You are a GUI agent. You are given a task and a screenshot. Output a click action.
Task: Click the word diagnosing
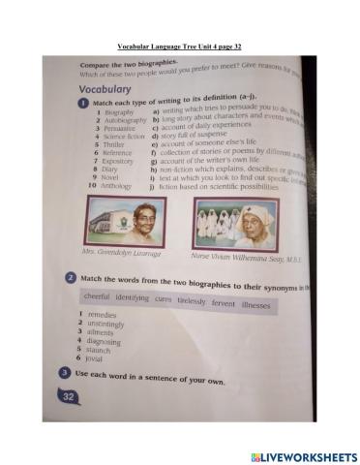point(102,341)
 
